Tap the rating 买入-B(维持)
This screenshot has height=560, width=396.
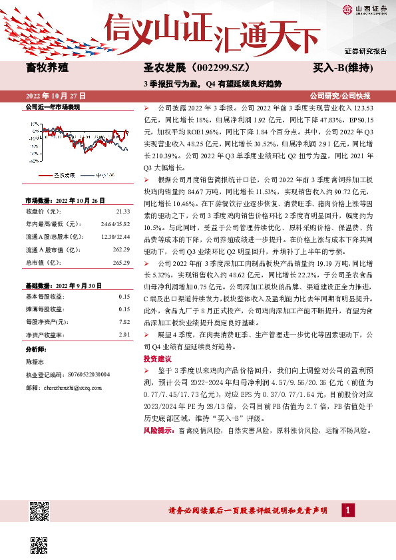[x=345, y=68]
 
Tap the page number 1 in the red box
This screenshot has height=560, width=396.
[x=347, y=510]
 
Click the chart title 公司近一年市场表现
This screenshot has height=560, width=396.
[x=52, y=106]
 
